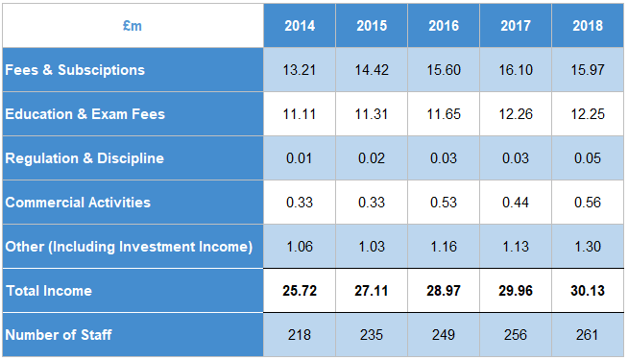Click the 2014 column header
(300, 26)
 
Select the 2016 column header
(444, 26)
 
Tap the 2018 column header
(588, 26)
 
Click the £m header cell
(133, 26)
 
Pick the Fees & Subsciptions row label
(75, 70)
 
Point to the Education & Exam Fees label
(85, 114)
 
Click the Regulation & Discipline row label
(85, 158)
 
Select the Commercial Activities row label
(78, 203)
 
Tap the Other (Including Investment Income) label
(129, 247)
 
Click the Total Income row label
(50, 290)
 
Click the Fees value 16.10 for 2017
(516, 70)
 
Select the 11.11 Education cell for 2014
(300, 114)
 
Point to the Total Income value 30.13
(588, 290)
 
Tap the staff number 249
(444, 335)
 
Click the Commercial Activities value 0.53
(444, 203)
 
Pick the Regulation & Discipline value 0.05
(588, 158)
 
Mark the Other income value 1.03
(372, 247)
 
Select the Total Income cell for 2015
(372, 290)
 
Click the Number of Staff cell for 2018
(588, 335)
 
